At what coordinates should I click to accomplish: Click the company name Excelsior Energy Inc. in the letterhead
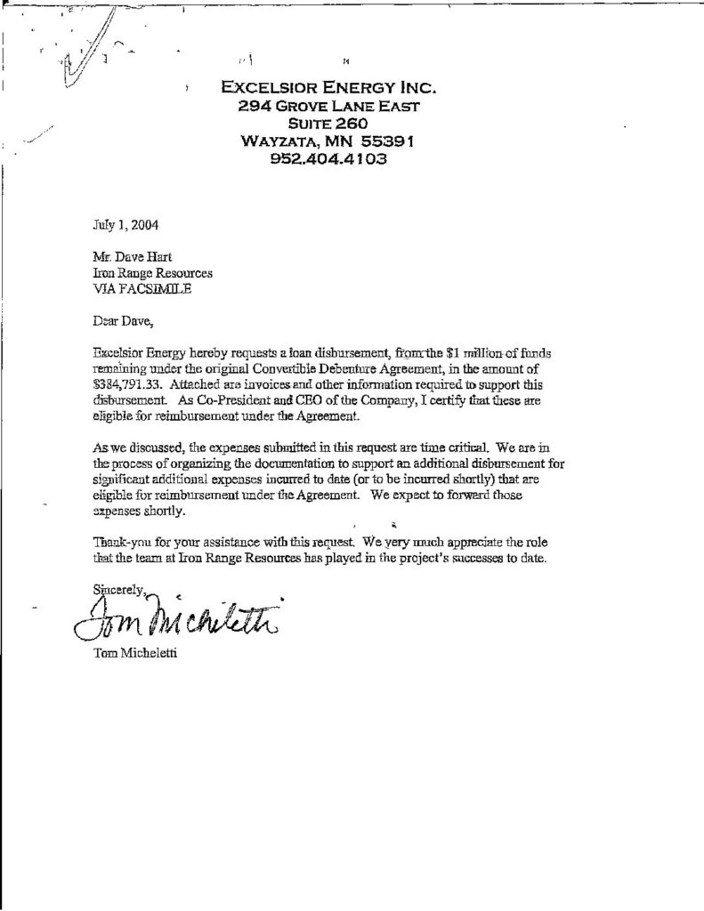[x=328, y=87]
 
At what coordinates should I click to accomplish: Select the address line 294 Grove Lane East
[x=328, y=106]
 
